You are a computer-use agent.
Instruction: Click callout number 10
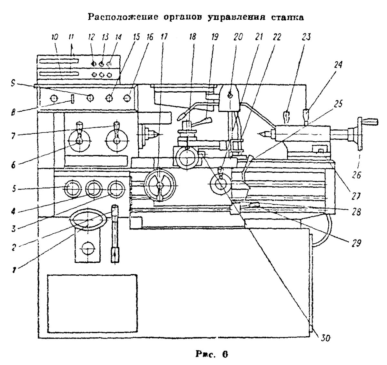pos(55,37)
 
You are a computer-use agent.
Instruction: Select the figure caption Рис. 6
pos(211,354)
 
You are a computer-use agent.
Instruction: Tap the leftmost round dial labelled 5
pos(73,188)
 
